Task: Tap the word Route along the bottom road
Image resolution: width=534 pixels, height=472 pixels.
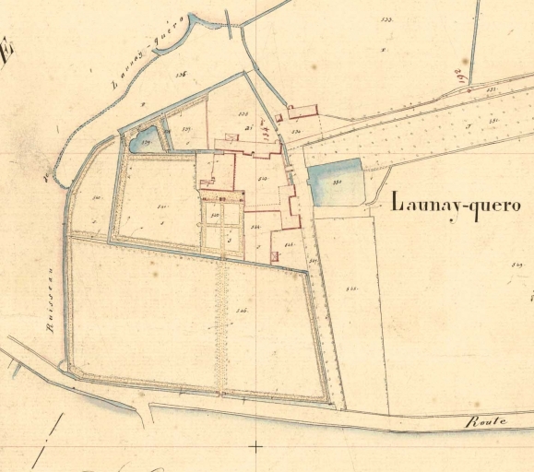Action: click(x=485, y=421)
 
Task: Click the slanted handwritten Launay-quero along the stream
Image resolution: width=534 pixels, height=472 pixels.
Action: click(x=148, y=51)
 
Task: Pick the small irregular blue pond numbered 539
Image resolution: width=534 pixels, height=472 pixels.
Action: click(x=144, y=141)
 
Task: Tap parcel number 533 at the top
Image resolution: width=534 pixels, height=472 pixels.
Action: click(x=386, y=18)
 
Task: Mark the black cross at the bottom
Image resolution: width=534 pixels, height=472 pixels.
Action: click(x=255, y=446)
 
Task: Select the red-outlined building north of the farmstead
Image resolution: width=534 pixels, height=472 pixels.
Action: click(x=302, y=112)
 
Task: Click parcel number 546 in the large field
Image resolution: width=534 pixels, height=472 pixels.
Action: click(x=243, y=311)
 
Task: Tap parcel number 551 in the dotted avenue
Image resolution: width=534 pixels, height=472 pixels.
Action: click(x=493, y=120)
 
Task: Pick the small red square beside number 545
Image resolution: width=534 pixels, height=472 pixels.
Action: click(x=273, y=256)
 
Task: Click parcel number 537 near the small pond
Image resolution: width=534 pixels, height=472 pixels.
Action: click(x=186, y=129)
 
